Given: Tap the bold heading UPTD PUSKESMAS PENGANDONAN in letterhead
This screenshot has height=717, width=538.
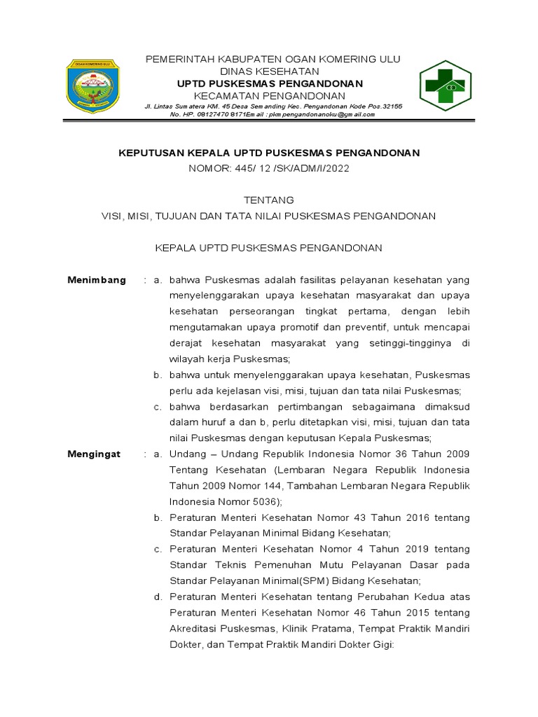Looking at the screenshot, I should coord(270,83).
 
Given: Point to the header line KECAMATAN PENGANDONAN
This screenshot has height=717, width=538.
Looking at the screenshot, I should coord(270,95).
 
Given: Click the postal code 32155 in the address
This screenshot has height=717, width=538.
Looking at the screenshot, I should coord(389,106).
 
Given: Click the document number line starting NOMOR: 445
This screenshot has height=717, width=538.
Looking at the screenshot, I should coord(270,168).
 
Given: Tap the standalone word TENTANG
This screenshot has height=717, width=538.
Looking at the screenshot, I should coord(270,200).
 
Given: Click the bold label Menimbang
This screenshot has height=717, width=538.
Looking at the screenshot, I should coord(97,280).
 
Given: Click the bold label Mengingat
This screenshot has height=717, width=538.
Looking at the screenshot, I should coord(94,454).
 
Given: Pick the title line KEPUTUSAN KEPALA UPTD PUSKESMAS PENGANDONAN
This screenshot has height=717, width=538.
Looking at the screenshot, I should coord(270,152).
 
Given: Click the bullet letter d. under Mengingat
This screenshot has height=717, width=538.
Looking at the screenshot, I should coord(158,597).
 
